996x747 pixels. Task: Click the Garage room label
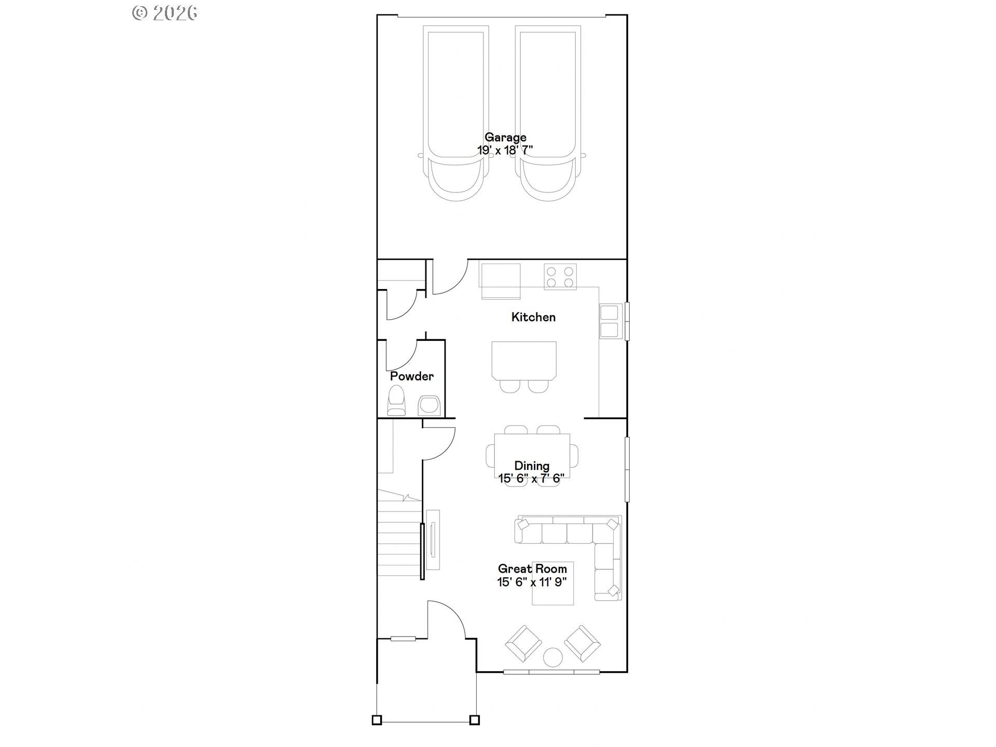coord(505,137)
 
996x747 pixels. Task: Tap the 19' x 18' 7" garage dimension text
coord(505,150)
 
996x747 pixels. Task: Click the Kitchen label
coord(533,317)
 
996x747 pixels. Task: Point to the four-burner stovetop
coord(560,276)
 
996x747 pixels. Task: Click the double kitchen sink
coord(610,321)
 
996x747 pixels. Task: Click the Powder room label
coord(412,376)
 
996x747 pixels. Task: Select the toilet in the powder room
coord(397,400)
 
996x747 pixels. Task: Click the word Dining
coord(532,465)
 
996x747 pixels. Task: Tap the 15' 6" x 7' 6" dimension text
coord(532,478)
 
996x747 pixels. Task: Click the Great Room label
coord(532,569)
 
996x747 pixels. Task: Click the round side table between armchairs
coord(552,657)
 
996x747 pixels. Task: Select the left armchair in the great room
coord(523,643)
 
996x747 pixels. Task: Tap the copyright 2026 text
coord(165,12)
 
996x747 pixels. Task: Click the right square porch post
coord(474,720)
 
